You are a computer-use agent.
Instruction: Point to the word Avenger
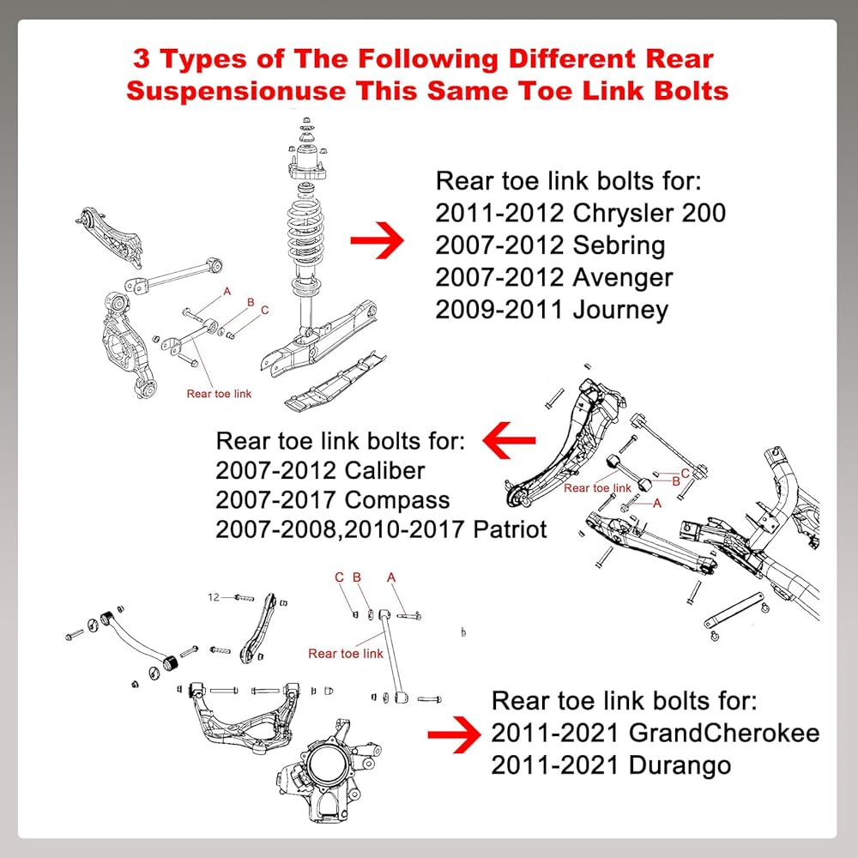click(x=623, y=277)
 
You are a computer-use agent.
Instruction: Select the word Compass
click(x=396, y=499)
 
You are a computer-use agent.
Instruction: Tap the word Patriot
click(x=510, y=529)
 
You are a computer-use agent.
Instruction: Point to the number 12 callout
click(x=214, y=596)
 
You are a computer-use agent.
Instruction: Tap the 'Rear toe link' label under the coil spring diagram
click(x=219, y=394)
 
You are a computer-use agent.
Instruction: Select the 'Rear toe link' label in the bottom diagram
click(x=346, y=654)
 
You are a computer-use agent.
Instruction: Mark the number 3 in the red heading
click(x=142, y=59)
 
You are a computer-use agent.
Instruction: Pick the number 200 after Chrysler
click(x=704, y=213)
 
